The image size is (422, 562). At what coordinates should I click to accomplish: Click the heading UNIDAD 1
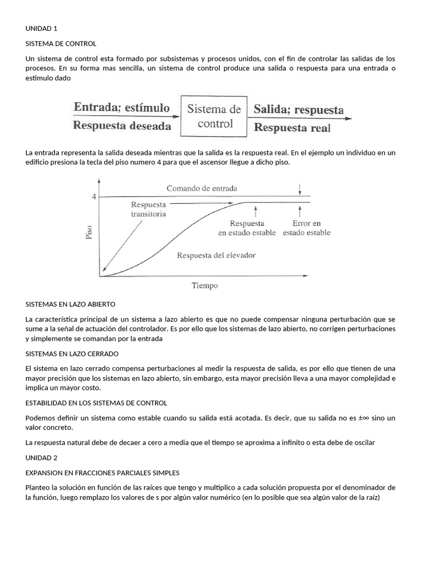coord(41,29)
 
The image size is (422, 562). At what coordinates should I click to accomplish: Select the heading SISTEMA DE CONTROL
coord(61,43)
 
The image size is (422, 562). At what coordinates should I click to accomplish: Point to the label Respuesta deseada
coord(122,126)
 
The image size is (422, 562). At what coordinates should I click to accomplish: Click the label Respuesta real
coord(292,128)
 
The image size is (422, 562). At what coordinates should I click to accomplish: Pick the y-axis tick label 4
coord(93,196)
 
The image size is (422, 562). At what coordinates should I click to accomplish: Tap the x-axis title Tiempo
coord(204,285)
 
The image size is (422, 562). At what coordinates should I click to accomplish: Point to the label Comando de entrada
coord(202,188)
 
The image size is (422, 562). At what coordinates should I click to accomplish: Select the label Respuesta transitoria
coord(148,209)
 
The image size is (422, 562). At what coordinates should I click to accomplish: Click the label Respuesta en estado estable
coord(247,228)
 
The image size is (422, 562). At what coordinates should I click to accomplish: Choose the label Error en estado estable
coord(307,228)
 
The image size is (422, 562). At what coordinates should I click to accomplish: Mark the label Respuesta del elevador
coord(216,255)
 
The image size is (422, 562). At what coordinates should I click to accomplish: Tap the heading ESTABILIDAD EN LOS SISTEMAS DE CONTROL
coord(96,403)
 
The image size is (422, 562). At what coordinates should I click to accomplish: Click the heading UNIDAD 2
coord(41,457)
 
